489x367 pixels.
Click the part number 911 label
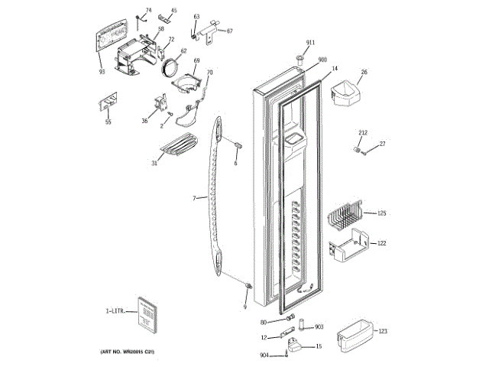(310, 42)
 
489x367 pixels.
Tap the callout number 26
(364, 73)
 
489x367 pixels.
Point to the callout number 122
(382, 243)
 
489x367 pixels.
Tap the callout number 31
(154, 163)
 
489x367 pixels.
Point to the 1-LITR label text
(115, 311)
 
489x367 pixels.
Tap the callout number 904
(264, 355)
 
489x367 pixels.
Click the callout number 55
(108, 122)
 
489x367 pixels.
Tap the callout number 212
(364, 133)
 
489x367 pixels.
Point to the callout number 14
(335, 68)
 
